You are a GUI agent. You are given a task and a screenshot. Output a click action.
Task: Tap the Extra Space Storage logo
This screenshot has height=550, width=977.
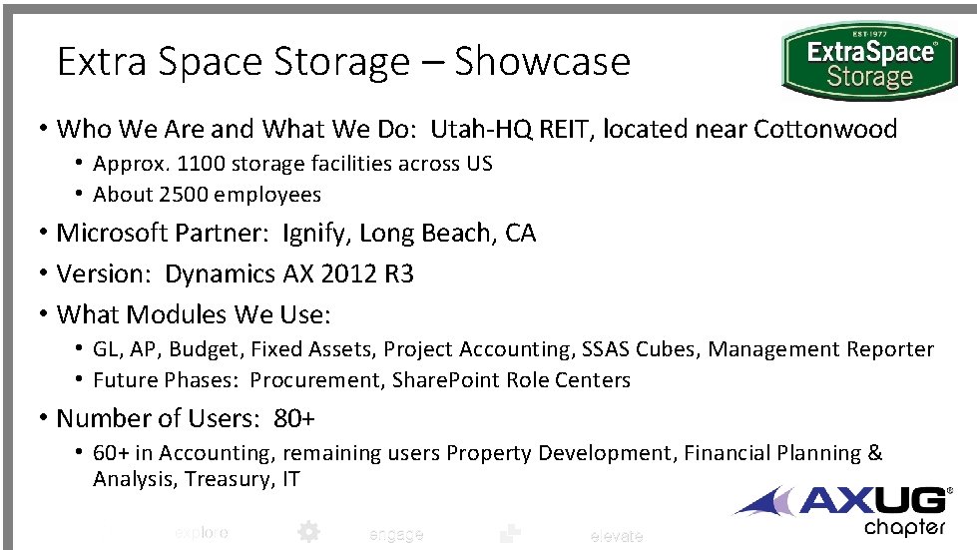tap(870, 62)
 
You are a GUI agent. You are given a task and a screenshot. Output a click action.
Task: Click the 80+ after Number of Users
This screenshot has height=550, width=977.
tap(294, 418)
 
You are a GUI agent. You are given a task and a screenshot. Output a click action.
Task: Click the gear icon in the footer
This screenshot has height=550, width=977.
tap(308, 532)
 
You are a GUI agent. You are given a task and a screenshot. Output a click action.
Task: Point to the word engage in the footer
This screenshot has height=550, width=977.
tap(396, 534)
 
